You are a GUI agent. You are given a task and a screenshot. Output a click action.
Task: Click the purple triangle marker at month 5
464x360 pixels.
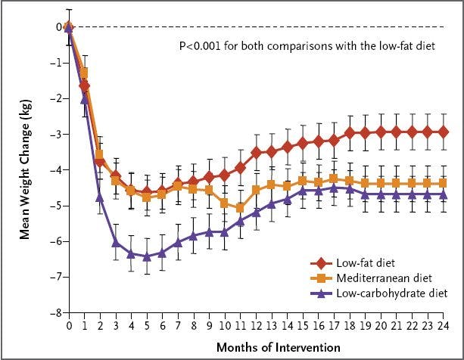point(148,256)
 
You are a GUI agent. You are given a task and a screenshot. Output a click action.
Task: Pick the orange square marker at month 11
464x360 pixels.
point(241,207)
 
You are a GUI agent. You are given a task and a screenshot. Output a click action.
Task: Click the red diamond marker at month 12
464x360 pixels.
point(257,152)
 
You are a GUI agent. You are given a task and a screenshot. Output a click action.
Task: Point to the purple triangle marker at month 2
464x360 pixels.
point(100,197)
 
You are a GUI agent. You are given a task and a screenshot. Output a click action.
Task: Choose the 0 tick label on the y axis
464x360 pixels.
point(59,26)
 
